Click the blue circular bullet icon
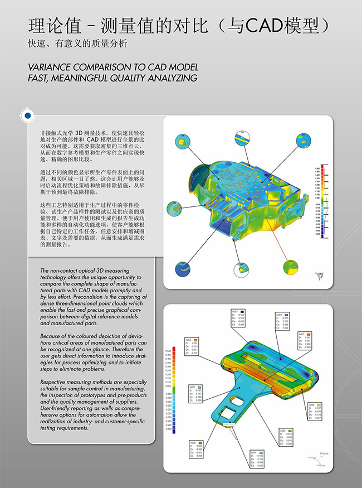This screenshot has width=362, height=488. [x=26, y=115]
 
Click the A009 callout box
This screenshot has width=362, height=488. [x=283, y=322]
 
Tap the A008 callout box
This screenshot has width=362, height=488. [x=315, y=411]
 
